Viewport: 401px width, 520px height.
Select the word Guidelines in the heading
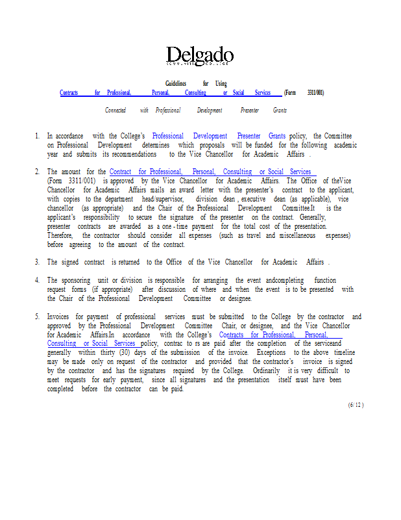pos(175,84)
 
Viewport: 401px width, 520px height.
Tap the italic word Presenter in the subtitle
pos(249,110)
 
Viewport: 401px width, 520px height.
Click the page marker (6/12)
pos(356,404)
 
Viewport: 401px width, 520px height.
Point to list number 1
pos(36,136)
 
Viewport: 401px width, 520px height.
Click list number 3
pos(36,262)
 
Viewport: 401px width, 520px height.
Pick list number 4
pos(36,280)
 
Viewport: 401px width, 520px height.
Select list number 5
pos(36,317)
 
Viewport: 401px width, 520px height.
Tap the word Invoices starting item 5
pos(58,317)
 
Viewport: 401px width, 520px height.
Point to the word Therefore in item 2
pos(61,235)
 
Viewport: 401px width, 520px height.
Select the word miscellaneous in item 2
pos(297,235)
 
